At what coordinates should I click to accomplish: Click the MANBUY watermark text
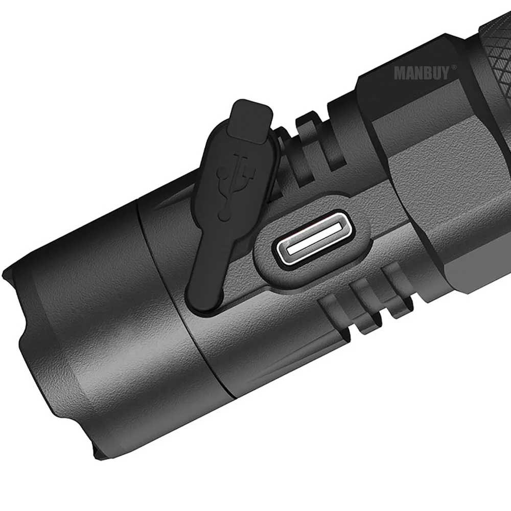pos(421,73)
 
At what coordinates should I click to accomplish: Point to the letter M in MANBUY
pos(399,74)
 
